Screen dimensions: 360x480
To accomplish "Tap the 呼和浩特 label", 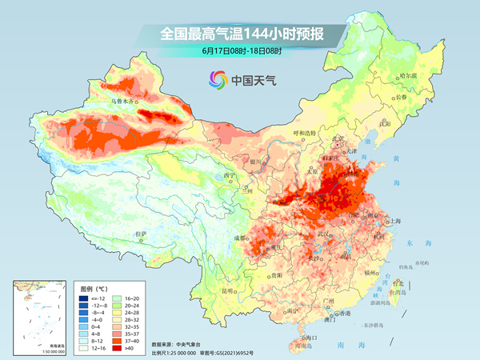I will [304, 133].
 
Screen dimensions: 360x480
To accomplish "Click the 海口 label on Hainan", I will [313, 338].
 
